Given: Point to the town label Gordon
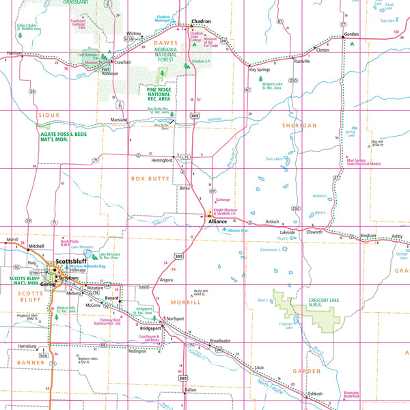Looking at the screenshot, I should click(351, 34).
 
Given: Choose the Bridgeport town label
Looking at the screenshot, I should click(150, 328).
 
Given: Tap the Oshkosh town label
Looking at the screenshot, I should click(315, 394).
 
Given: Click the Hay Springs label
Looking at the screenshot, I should click(261, 70).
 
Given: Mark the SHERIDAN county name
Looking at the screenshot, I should click(299, 126).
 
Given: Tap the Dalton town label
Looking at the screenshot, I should click(190, 390).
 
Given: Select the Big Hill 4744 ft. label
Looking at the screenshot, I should click(377, 143).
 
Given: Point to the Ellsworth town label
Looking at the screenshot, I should click(314, 232).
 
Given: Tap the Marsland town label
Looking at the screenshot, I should click(119, 120).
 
